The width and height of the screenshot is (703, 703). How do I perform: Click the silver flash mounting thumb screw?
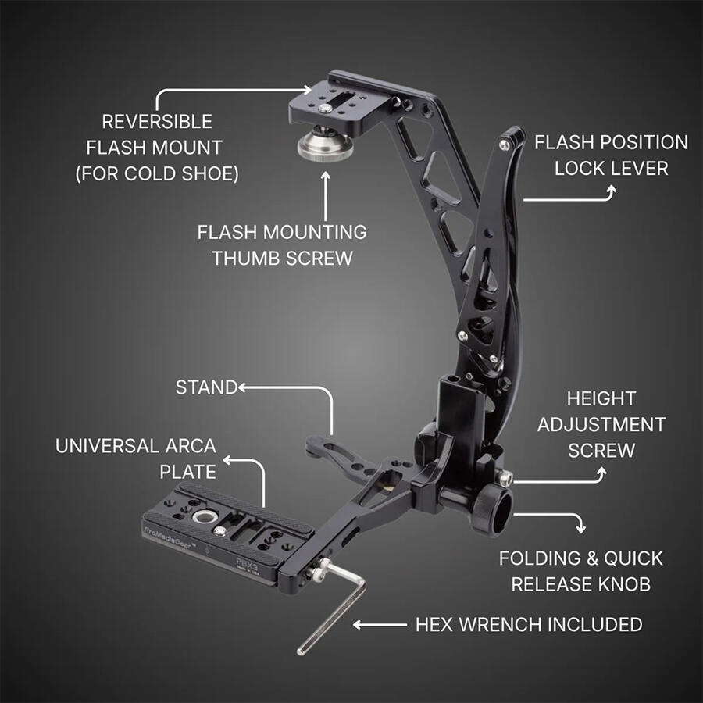point(319,144)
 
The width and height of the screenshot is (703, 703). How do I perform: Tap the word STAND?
point(206,387)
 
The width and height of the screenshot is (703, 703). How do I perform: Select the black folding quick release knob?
point(492,510)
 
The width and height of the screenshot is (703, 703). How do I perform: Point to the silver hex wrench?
point(332,608)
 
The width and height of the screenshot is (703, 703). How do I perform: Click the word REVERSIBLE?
point(157,122)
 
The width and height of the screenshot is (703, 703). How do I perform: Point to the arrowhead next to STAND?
point(242,387)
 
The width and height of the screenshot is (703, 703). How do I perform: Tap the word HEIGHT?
point(601,398)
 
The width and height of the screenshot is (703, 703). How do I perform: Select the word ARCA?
point(191,446)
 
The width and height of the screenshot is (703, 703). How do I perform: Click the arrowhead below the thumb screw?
point(326,175)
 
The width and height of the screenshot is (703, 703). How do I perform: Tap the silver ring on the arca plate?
point(204,517)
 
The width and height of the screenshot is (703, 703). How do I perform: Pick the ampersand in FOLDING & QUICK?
point(592,558)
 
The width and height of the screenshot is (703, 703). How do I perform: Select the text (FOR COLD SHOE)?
point(157,174)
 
